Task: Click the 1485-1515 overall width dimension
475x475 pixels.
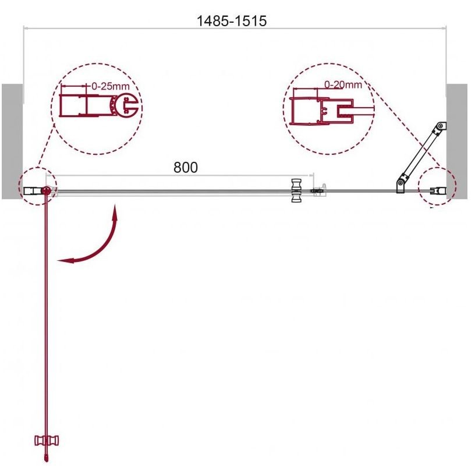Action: click(x=232, y=21)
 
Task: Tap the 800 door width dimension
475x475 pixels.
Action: click(x=185, y=167)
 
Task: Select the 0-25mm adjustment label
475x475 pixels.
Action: click(x=110, y=86)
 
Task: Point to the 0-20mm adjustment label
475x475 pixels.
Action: click(x=343, y=84)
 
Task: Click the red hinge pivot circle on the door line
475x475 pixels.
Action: click(x=46, y=190)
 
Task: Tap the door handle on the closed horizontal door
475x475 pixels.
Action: click(x=295, y=190)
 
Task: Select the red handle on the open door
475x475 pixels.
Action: click(x=47, y=440)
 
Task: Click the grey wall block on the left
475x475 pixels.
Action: click(x=12, y=141)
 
